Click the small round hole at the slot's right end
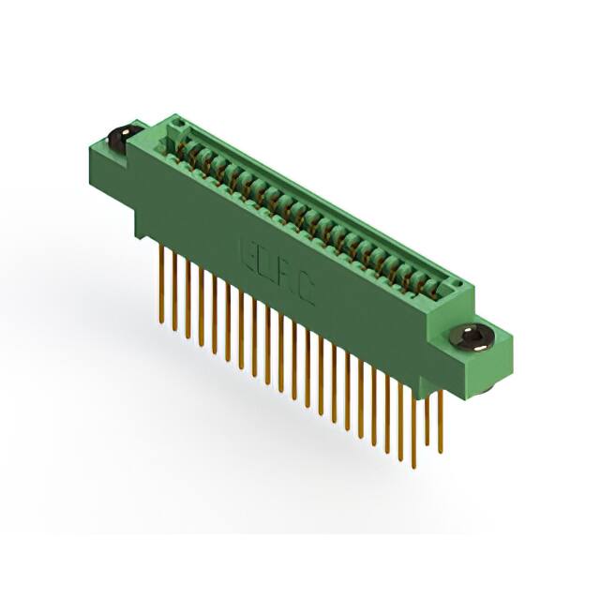[x=457, y=281]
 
